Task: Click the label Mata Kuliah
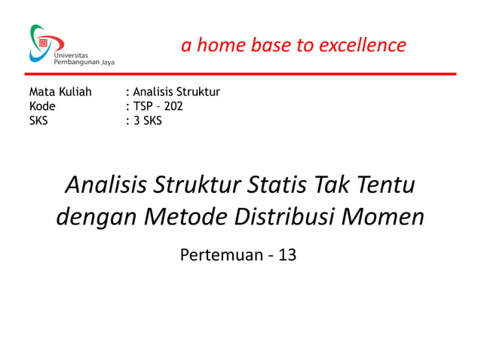tap(60, 93)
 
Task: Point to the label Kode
tap(42, 106)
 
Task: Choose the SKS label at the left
tap(38, 120)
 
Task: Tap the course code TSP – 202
tap(158, 106)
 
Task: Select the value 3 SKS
tap(147, 120)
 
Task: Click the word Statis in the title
tap(277, 184)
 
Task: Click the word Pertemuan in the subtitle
tap(219, 255)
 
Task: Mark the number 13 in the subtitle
tap(287, 255)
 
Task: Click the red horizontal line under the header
tap(241, 74)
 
